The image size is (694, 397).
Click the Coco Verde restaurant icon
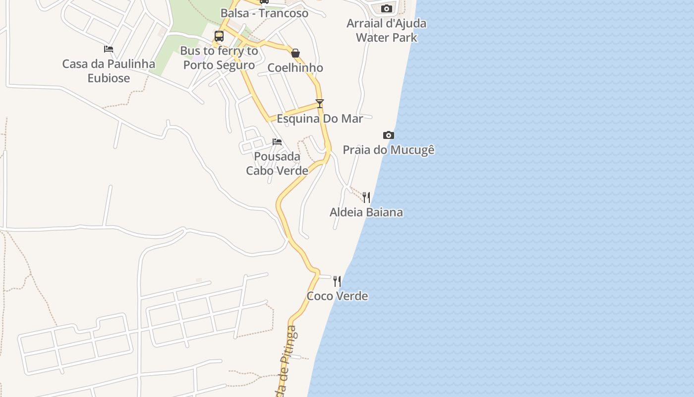point(337,281)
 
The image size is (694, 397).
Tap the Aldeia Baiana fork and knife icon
point(366,198)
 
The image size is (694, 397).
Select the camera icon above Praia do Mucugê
point(389,135)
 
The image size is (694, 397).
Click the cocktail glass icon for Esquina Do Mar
point(320,104)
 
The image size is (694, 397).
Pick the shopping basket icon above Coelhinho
point(295,53)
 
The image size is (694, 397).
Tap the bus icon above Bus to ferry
point(219,36)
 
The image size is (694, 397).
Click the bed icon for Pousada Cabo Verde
point(277,142)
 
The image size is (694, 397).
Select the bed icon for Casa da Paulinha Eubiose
point(109,49)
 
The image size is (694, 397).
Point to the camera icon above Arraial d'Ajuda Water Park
point(387,8)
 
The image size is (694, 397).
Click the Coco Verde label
point(337,296)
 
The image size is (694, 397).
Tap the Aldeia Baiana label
point(366,212)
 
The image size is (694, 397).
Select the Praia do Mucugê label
point(389,150)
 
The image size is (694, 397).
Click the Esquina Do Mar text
point(320,119)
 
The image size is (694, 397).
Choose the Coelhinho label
point(295,68)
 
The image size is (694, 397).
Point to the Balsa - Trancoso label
point(264,13)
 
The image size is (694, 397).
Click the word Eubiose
point(109,78)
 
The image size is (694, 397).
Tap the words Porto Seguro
point(219,65)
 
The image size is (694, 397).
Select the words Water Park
point(387,38)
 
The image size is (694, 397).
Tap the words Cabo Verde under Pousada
point(277,171)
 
